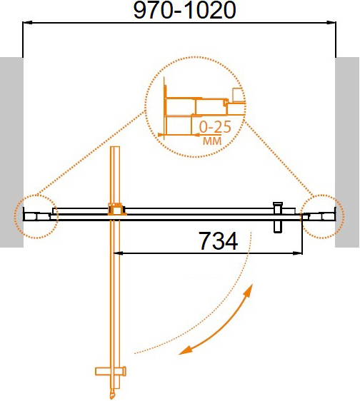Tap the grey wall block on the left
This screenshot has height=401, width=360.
(11, 151)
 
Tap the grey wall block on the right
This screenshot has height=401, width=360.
(348, 151)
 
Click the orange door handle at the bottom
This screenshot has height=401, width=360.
(111, 372)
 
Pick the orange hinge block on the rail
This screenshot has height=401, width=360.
(114, 210)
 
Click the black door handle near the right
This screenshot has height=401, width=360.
(279, 215)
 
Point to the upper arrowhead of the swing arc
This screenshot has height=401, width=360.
(250, 291)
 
